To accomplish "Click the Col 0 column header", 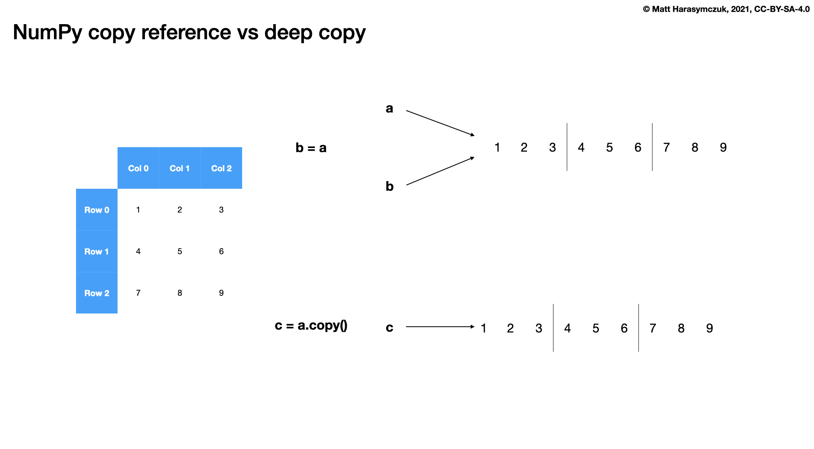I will coord(138,168).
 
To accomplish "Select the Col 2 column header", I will coord(221,168).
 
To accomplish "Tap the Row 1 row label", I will coord(97,252).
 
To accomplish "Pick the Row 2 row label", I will coord(97,293).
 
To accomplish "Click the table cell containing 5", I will coord(180,252).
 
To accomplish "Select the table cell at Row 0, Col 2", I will coord(221,210).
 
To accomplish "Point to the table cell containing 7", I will coord(138,293).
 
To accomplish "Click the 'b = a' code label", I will coord(311,148).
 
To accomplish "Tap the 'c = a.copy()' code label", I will coord(311,326).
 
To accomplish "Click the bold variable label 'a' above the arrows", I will coord(389,109).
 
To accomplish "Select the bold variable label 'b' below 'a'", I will coord(389,186).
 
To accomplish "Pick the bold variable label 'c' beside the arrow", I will coord(389,328).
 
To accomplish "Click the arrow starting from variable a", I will coord(440,123).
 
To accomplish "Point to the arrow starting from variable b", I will coord(440,171).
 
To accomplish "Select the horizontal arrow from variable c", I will coord(440,327).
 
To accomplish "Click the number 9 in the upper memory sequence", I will coord(723,148).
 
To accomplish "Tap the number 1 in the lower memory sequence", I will coord(483,328).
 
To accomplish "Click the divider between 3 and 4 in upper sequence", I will coord(567,147).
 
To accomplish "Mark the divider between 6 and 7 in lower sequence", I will coord(639,328).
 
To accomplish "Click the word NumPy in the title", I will coord(47,33).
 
